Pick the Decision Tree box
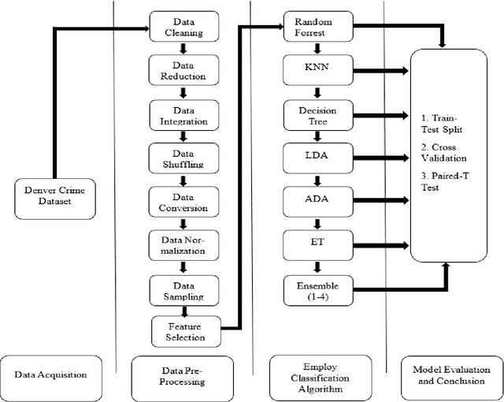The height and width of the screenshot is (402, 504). point(317,116)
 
